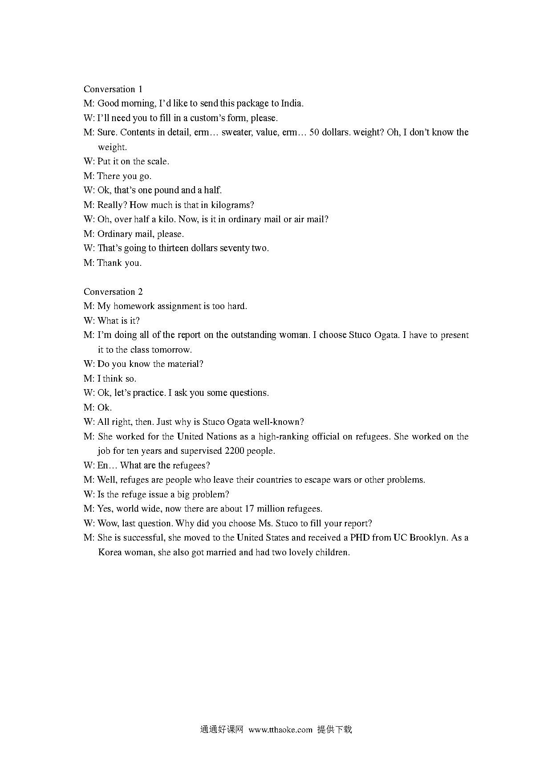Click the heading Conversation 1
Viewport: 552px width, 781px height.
(113, 89)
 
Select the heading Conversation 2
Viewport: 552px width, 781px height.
(113, 292)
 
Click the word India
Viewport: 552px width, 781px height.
(292, 103)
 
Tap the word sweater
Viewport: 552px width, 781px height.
(236, 132)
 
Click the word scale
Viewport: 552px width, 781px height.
(158, 161)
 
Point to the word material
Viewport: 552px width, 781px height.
(185, 364)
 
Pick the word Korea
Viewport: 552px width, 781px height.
(110, 552)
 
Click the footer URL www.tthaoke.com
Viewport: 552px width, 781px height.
(280, 730)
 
